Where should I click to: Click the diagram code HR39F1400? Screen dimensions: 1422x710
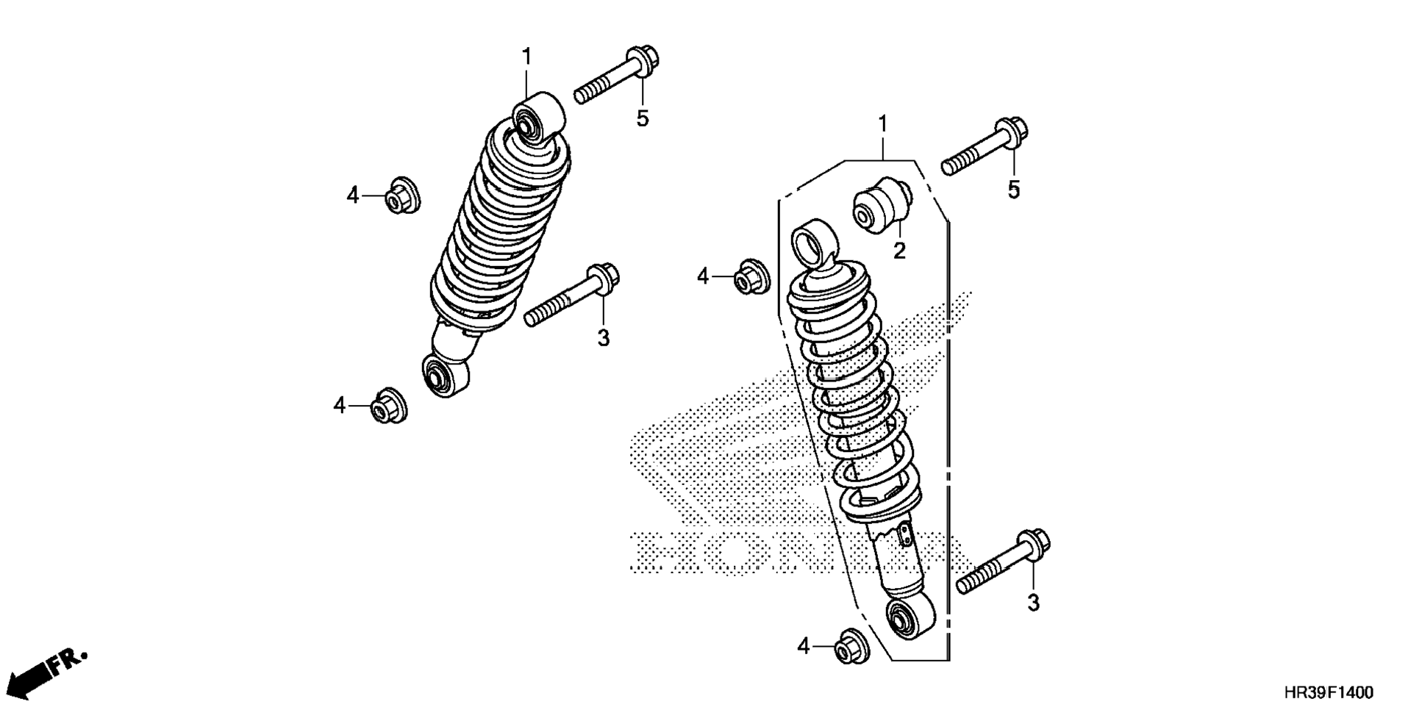point(1328,692)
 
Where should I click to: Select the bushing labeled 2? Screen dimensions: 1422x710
point(882,205)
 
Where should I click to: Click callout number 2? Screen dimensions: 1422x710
point(899,251)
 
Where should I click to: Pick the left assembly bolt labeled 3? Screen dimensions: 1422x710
point(572,297)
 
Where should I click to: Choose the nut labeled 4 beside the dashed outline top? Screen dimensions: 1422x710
point(752,276)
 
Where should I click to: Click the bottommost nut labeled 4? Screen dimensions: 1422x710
point(851,647)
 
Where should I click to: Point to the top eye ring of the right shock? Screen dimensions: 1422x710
point(812,240)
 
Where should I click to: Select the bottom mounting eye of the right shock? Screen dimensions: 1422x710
point(910,618)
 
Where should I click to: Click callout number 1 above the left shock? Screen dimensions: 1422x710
point(526,56)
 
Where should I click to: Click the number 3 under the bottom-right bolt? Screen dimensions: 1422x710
point(1033,603)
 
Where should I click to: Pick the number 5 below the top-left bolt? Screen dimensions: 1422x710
point(643,119)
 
